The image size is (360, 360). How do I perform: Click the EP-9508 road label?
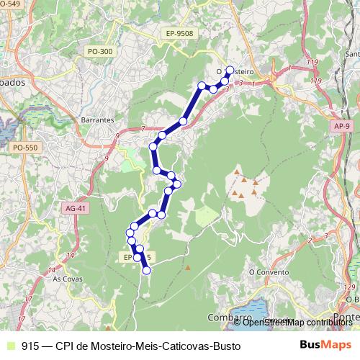point(179,33)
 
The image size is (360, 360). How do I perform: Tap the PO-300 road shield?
point(99,51)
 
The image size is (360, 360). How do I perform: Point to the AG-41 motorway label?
point(75,208)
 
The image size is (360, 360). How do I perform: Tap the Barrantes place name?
point(99,120)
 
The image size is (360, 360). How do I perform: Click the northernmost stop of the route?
point(230,70)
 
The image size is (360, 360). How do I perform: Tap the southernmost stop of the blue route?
point(146,271)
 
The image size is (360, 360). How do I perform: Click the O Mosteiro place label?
point(235,71)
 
